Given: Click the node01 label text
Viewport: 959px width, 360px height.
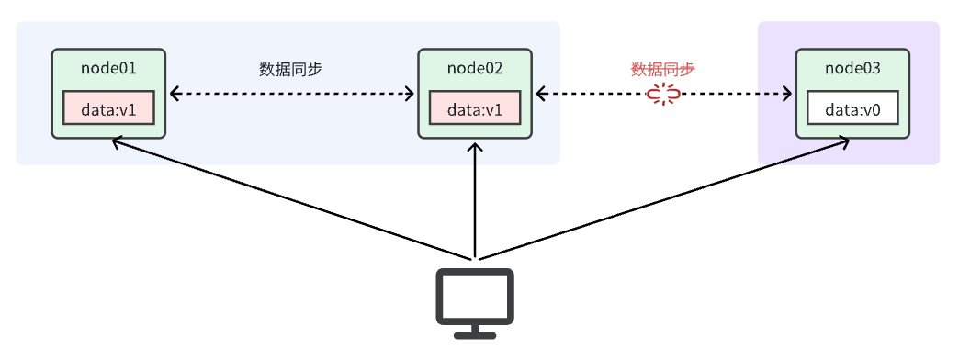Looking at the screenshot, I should click(x=108, y=68).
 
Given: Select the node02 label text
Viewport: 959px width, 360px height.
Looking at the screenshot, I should click(x=475, y=68).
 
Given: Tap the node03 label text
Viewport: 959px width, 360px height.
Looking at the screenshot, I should click(x=852, y=68).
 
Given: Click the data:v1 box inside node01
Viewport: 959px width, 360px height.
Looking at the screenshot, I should click(x=108, y=108).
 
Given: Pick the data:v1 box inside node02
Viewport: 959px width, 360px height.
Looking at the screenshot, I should click(x=475, y=108).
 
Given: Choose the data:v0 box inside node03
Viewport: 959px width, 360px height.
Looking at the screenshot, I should click(x=852, y=108).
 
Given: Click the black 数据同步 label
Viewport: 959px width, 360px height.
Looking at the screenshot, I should click(x=291, y=69).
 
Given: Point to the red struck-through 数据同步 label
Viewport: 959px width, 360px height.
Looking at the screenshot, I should click(x=663, y=69).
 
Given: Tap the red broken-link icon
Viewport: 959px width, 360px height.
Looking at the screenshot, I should click(x=663, y=94).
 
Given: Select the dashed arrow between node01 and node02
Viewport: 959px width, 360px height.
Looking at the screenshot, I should click(x=291, y=94).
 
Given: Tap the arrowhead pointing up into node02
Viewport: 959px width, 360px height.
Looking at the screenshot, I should click(x=475, y=147).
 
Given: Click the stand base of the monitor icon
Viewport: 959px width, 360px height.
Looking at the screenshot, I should click(x=474, y=332).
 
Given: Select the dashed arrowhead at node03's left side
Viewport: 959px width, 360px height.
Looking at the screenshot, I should click(x=788, y=94).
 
